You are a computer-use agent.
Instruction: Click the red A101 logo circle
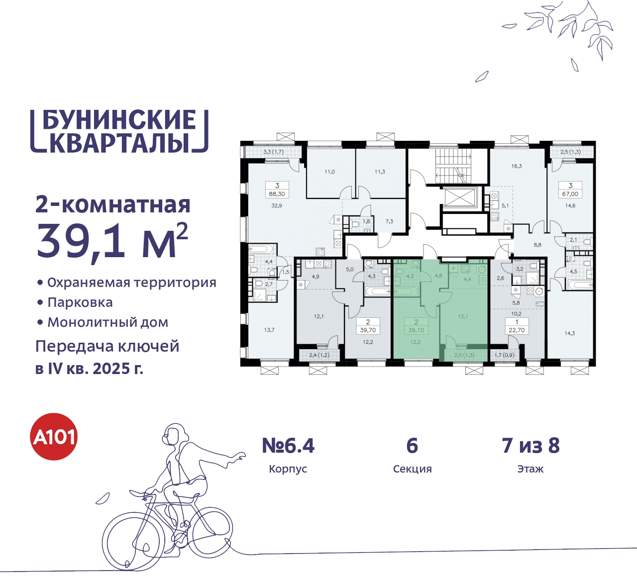point(54,437)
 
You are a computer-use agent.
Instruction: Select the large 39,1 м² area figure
point(112,241)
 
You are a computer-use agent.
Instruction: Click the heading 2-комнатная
point(113,204)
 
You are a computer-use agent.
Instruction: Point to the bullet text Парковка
point(80,302)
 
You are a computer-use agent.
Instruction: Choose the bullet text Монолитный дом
point(108,322)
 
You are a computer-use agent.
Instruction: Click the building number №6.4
point(288,446)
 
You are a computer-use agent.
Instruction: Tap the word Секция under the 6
point(412,469)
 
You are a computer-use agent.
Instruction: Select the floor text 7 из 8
point(531,446)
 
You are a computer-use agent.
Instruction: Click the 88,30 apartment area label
point(277,194)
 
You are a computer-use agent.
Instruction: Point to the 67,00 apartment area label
point(570,194)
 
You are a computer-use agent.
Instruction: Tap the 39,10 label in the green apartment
point(416,330)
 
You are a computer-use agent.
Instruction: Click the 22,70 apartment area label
point(517,330)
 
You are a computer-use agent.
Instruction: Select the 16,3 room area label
point(517,166)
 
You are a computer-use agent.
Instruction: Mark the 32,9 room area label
point(277,205)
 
